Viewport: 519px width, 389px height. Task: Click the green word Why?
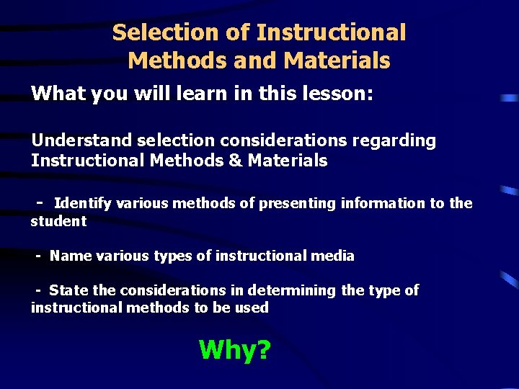tap(234, 350)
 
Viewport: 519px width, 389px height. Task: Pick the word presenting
tap(298, 204)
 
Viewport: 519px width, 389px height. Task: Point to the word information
tap(383, 204)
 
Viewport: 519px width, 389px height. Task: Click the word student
tap(58, 221)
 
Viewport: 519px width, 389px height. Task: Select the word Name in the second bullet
tap(68, 256)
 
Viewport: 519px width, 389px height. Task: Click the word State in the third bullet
tap(68, 290)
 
